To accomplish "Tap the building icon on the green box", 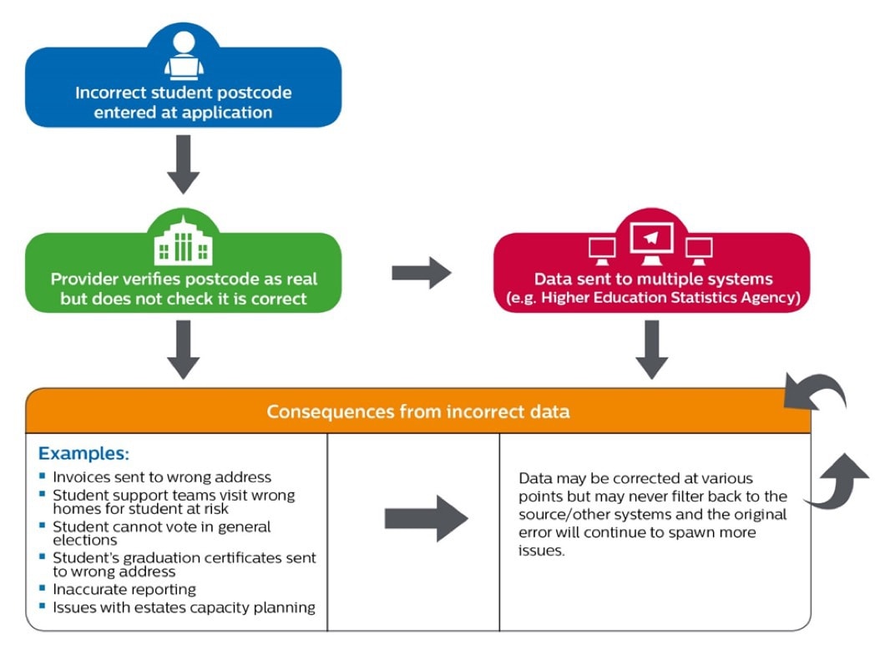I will coord(184,243).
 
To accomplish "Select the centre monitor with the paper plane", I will coord(652,241).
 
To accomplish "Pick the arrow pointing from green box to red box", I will coord(422,273).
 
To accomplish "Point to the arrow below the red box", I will coord(652,350).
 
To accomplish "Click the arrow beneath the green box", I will coord(184,350).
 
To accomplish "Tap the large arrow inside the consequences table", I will coord(426,518).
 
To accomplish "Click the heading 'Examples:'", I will coord(83,454).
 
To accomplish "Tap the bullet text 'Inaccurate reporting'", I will coord(124,590).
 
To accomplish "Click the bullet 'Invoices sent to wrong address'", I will coord(162,477).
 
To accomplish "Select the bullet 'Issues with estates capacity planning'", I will coord(184,607).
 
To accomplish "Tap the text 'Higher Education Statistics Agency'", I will coord(663,298).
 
